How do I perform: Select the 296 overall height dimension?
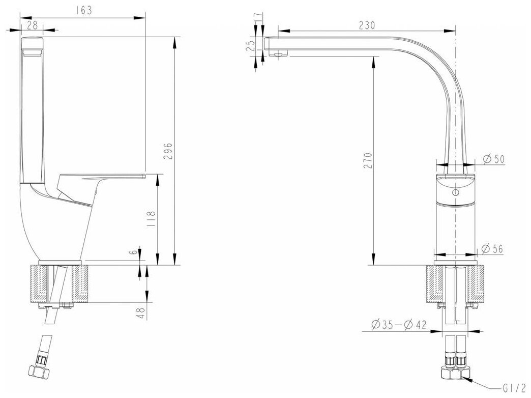[x=170, y=151]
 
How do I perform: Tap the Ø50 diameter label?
[x=493, y=159]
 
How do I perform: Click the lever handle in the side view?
[x=97, y=182]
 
